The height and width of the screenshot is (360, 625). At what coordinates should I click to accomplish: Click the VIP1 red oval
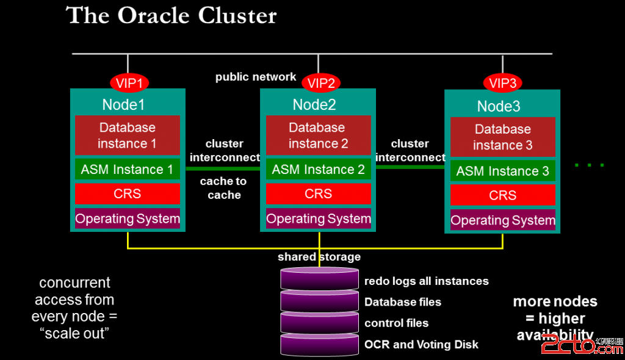point(129,83)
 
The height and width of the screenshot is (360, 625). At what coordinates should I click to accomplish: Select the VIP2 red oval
point(321,83)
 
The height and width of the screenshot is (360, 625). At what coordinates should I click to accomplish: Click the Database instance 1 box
point(128,135)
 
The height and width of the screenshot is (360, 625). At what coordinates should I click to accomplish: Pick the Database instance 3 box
point(502,137)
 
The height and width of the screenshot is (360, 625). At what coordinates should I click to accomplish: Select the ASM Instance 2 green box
point(318,170)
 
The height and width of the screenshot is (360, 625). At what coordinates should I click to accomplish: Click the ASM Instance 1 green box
point(128,170)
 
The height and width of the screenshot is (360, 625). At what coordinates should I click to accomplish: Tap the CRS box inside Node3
point(502,195)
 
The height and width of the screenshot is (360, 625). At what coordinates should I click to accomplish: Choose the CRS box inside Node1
point(128,194)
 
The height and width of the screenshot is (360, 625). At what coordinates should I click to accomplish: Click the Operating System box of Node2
point(318,218)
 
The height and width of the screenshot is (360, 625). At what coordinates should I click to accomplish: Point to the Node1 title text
point(123,104)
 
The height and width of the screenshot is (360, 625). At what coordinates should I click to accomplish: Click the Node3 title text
point(499,106)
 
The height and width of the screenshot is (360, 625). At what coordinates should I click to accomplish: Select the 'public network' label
point(256,77)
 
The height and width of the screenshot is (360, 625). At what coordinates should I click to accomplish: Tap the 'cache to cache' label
point(224,188)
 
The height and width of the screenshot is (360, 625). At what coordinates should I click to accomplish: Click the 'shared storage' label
point(319,257)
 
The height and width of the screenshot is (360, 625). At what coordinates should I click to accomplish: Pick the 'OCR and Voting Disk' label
point(421,344)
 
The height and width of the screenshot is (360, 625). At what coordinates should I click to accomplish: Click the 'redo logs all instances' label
point(426,281)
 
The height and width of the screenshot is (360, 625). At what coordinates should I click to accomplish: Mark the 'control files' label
point(396,323)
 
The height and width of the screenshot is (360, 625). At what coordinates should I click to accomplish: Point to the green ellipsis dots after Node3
point(590,165)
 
